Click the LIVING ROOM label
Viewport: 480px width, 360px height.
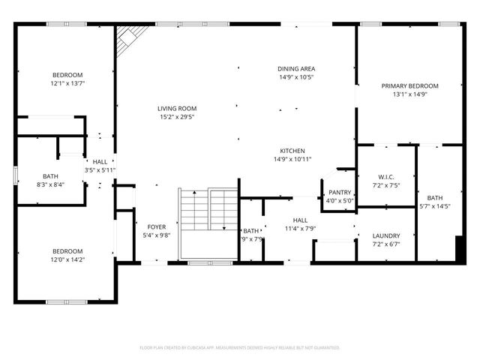point(176,107)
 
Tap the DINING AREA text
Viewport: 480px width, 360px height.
point(296,68)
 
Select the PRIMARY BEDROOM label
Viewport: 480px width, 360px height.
point(409,86)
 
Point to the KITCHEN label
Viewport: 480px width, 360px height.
point(292,150)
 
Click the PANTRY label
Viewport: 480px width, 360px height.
point(339,192)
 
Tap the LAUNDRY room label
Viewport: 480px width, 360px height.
point(386,235)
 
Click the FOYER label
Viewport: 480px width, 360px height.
point(157,226)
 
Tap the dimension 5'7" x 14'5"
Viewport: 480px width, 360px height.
point(435,206)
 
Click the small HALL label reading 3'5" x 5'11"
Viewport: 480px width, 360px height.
point(100,170)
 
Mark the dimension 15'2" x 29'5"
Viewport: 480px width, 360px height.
point(176,116)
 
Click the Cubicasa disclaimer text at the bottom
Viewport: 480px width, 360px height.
point(240,348)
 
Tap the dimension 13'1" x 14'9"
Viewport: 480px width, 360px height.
point(409,95)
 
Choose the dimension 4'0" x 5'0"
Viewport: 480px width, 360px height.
point(339,200)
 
